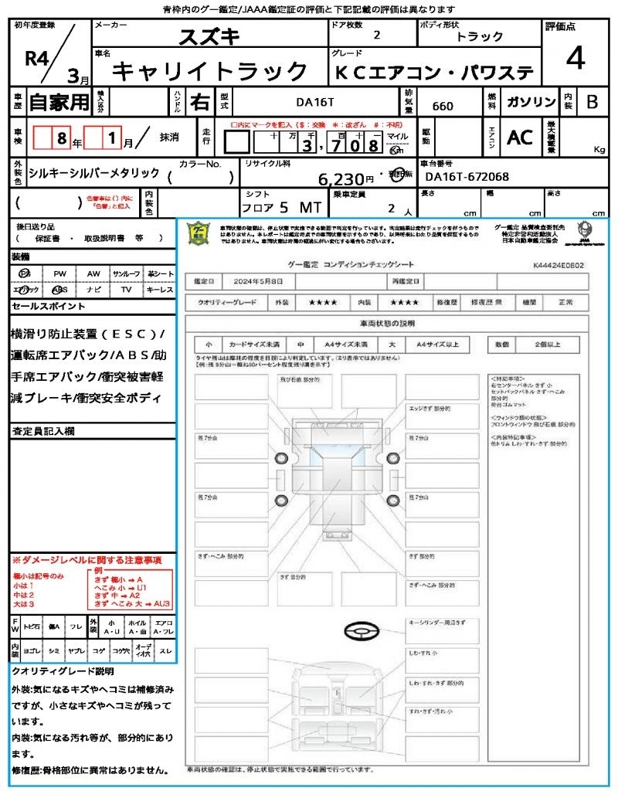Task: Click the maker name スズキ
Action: click(210, 36)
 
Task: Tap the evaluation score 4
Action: click(576, 58)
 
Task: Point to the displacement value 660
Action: click(443, 106)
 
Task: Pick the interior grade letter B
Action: click(592, 102)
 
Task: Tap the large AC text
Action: click(519, 137)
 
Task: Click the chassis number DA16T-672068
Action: click(467, 177)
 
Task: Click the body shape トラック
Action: click(480, 36)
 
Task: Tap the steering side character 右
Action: click(199, 102)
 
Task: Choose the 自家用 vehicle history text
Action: click(59, 102)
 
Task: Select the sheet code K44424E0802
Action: click(558, 265)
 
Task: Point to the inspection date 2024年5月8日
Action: click(256, 281)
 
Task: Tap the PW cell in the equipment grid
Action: click(59, 274)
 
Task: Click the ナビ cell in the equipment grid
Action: click(93, 290)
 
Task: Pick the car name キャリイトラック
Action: click(210, 71)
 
